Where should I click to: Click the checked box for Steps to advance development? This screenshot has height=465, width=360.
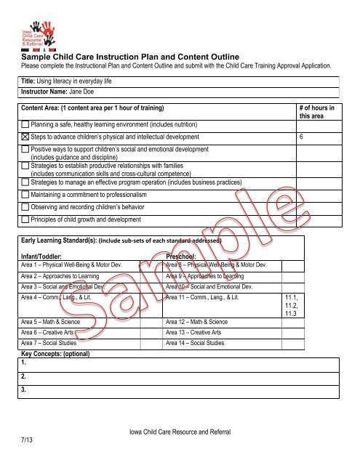pos(25,138)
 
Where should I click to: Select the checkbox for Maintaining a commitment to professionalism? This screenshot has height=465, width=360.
pos(25,195)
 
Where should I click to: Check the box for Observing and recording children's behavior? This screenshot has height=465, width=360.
pos(25,207)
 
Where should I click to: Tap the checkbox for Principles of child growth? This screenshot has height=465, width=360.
pos(25,219)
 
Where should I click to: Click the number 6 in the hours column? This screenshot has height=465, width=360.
pos(302,138)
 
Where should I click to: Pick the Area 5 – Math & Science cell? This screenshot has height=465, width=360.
pos(52,320)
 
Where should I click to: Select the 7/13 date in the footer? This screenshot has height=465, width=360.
pos(27,439)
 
